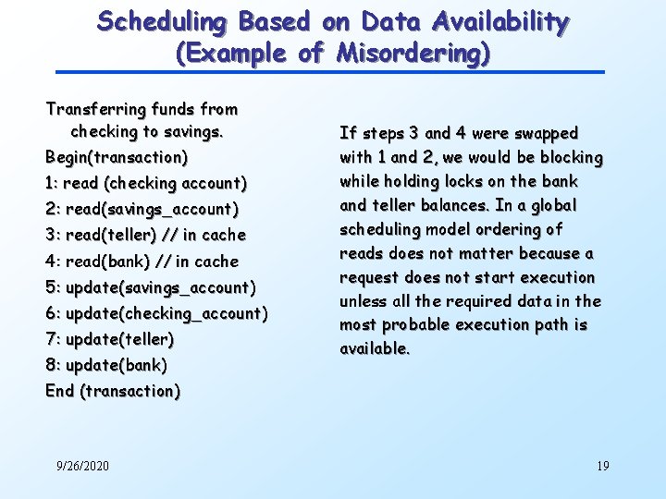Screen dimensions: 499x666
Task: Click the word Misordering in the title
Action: click(x=412, y=53)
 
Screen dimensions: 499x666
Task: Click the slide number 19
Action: click(x=602, y=466)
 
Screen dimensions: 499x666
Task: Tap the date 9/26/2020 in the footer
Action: click(x=81, y=466)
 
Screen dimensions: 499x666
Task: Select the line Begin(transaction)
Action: click(x=117, y=157)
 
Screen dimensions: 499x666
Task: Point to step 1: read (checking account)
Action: click(x=146, y=183)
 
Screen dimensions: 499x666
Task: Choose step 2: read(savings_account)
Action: click(x=142, y=209)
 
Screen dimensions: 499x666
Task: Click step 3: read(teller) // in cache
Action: click(x=145, y=235)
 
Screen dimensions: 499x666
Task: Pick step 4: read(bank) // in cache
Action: click(x=142, y=262)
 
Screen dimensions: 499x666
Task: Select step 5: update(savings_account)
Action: click(x=151, y=287)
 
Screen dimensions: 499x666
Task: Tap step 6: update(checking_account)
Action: click(x=156, y=313)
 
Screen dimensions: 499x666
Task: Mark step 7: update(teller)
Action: click(x=110, y=339)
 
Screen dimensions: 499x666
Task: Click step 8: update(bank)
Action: click(x=106, y=365)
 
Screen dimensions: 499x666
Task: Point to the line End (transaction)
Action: click(x=113, y=391)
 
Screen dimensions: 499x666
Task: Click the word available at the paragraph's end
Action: click(x=374, y=349)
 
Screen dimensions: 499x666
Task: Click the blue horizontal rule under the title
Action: click(x=329, y=72)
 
